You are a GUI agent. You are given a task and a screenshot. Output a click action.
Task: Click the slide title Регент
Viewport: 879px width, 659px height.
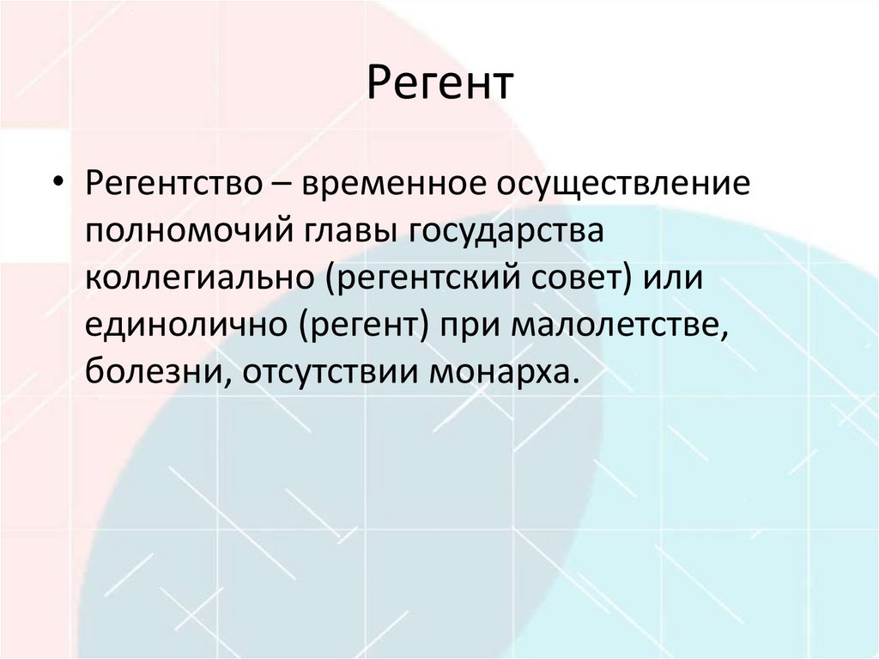tap(440, 85)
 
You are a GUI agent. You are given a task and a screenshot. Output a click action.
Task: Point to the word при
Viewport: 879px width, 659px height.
tap(471, 330)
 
